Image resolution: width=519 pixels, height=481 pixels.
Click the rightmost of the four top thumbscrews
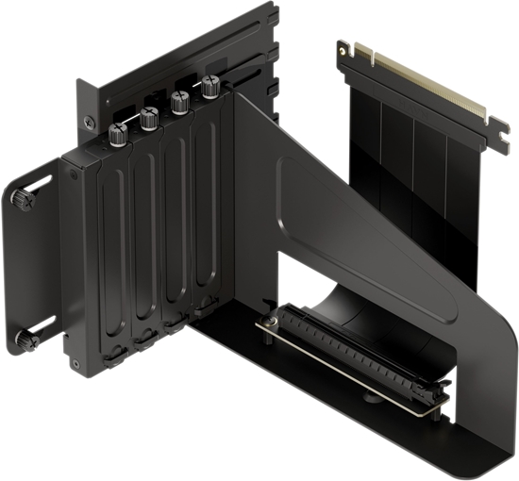209,89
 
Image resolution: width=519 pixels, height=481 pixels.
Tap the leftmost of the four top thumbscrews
117,133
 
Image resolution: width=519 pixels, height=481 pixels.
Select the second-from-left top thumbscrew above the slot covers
149,117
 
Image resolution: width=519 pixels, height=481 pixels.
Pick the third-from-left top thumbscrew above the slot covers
179,101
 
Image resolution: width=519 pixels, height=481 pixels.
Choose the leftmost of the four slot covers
113,245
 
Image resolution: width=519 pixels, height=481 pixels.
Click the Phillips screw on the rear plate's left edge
89,120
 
